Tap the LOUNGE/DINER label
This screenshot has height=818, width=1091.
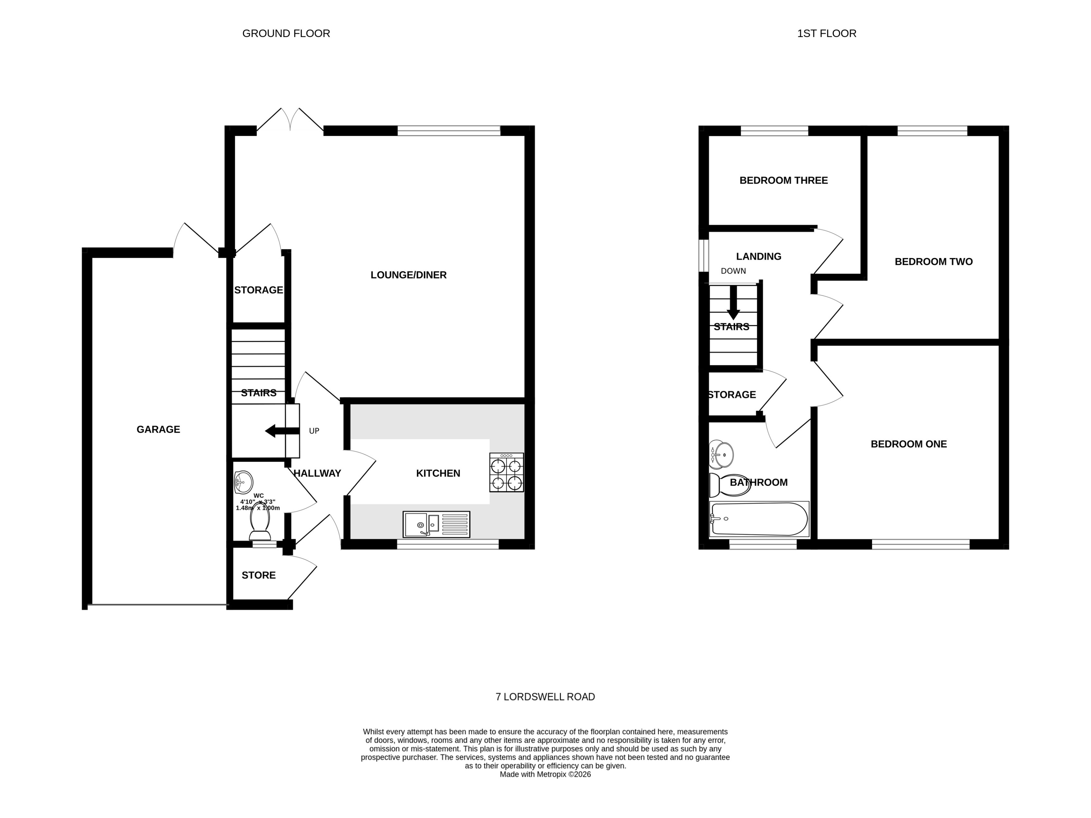408,275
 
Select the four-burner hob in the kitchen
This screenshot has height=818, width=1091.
506,473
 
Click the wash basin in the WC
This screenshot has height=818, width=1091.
243,482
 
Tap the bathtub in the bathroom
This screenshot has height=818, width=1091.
758,519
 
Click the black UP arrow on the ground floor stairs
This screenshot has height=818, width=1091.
282,431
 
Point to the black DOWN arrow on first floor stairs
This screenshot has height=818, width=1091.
733,303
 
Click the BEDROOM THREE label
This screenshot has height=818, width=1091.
783,180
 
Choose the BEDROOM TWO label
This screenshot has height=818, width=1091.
933,262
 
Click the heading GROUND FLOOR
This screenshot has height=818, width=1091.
286,33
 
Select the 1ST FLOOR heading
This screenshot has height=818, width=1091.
827,33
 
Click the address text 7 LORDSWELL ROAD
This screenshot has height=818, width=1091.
545,697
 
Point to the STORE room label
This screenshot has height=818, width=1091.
259,575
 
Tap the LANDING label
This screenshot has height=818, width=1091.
758,256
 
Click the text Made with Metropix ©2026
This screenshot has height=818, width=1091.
545,774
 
